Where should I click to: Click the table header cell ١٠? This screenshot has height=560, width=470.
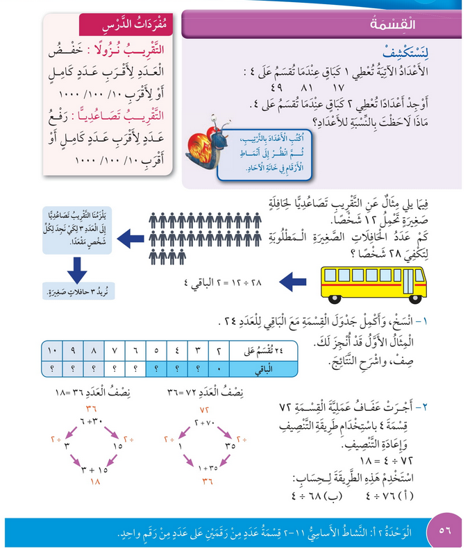click(x=53, y=348)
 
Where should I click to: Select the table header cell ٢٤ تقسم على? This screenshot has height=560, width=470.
click(x=261, y=348)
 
